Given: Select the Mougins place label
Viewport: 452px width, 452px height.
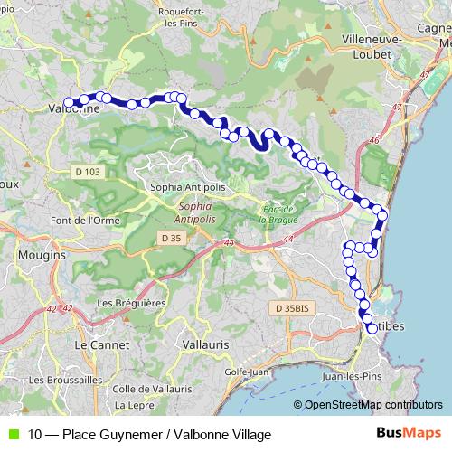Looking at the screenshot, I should (x=42, y=256).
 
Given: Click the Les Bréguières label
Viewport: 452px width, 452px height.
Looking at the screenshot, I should (x=127, y=303).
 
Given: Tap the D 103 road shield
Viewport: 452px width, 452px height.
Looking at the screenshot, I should (x=85, y=170).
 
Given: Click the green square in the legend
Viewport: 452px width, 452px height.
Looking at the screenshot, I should (x=12, y=435).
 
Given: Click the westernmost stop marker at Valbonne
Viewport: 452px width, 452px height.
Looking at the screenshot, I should (x=68, y=102).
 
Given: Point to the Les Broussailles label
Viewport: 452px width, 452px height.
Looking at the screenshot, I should (x=65, y=381).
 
